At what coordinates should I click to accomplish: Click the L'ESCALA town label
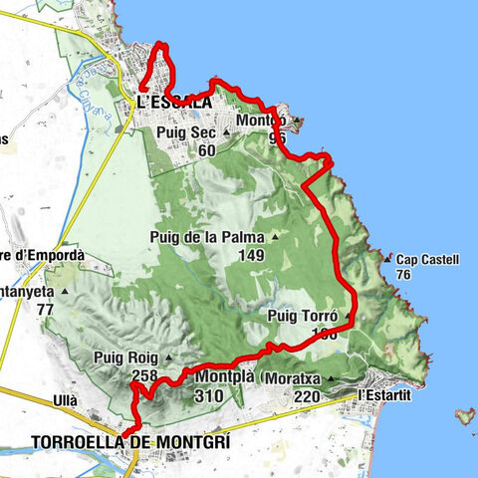[174, 102]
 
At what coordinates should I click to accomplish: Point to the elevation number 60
[206, 150]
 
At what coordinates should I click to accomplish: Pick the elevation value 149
[251, 255]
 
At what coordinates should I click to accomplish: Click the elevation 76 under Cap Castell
[403, 275]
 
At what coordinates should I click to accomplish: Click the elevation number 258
[144, 375]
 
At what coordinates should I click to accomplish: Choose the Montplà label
[223, 377]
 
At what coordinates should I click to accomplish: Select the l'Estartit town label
[383, 395]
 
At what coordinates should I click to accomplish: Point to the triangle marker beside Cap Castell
[386, 260]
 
